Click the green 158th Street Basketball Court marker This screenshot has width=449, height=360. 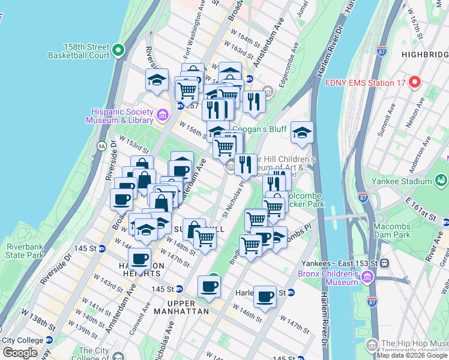[118, 51]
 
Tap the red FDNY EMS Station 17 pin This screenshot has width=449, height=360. [415, 82]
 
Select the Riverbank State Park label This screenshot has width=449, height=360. [25, 251]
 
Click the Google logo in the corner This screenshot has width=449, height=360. [20, 353]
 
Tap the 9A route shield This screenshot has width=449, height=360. [101, 145]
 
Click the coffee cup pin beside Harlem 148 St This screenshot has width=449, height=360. [265, 296]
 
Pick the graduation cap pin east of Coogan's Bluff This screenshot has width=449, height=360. [303, 133]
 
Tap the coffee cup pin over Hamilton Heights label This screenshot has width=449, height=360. [139, 259]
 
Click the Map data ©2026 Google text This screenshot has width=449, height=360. [411, 355]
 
